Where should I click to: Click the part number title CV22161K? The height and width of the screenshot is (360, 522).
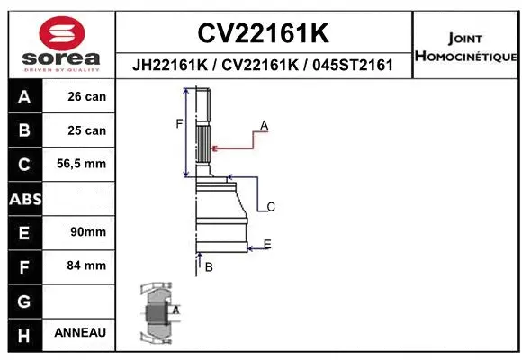[263, 34]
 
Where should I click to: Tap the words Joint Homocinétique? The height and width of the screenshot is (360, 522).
[465, 48]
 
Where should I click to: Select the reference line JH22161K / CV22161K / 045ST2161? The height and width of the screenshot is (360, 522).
[263, 66]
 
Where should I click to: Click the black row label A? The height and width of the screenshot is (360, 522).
[23, 96]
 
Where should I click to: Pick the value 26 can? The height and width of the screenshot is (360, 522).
[86, 96]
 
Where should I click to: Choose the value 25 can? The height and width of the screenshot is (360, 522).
[86, 130]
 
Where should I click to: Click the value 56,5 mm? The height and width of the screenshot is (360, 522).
[82, 164]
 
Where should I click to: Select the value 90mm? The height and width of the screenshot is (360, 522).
[88, 231]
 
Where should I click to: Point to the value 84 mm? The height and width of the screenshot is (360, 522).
[87, 265]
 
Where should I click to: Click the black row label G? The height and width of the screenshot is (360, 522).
[23, 299]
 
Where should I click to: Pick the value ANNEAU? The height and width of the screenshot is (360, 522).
[80, 332]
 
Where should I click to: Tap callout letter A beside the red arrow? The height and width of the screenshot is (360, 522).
[265, 124]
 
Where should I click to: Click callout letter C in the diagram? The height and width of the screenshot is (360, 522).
[270, 207]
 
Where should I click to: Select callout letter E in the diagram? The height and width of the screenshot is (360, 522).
[267, 244]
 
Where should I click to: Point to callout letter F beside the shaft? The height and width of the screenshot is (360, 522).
[179, 124]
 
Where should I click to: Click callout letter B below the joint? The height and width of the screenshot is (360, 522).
[209, 267]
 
